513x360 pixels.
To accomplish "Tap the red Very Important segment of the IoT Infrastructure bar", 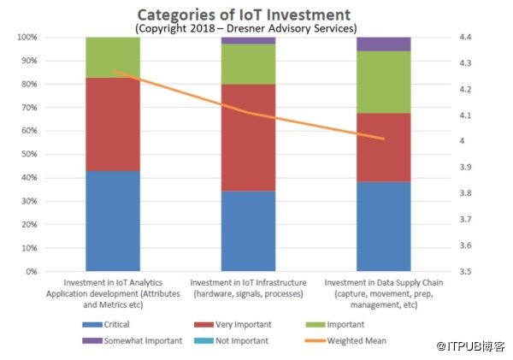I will coord(248,137).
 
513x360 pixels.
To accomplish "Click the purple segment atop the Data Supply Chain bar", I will coord(383,44).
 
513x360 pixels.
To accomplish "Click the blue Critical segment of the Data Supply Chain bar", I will coord(383,227).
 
